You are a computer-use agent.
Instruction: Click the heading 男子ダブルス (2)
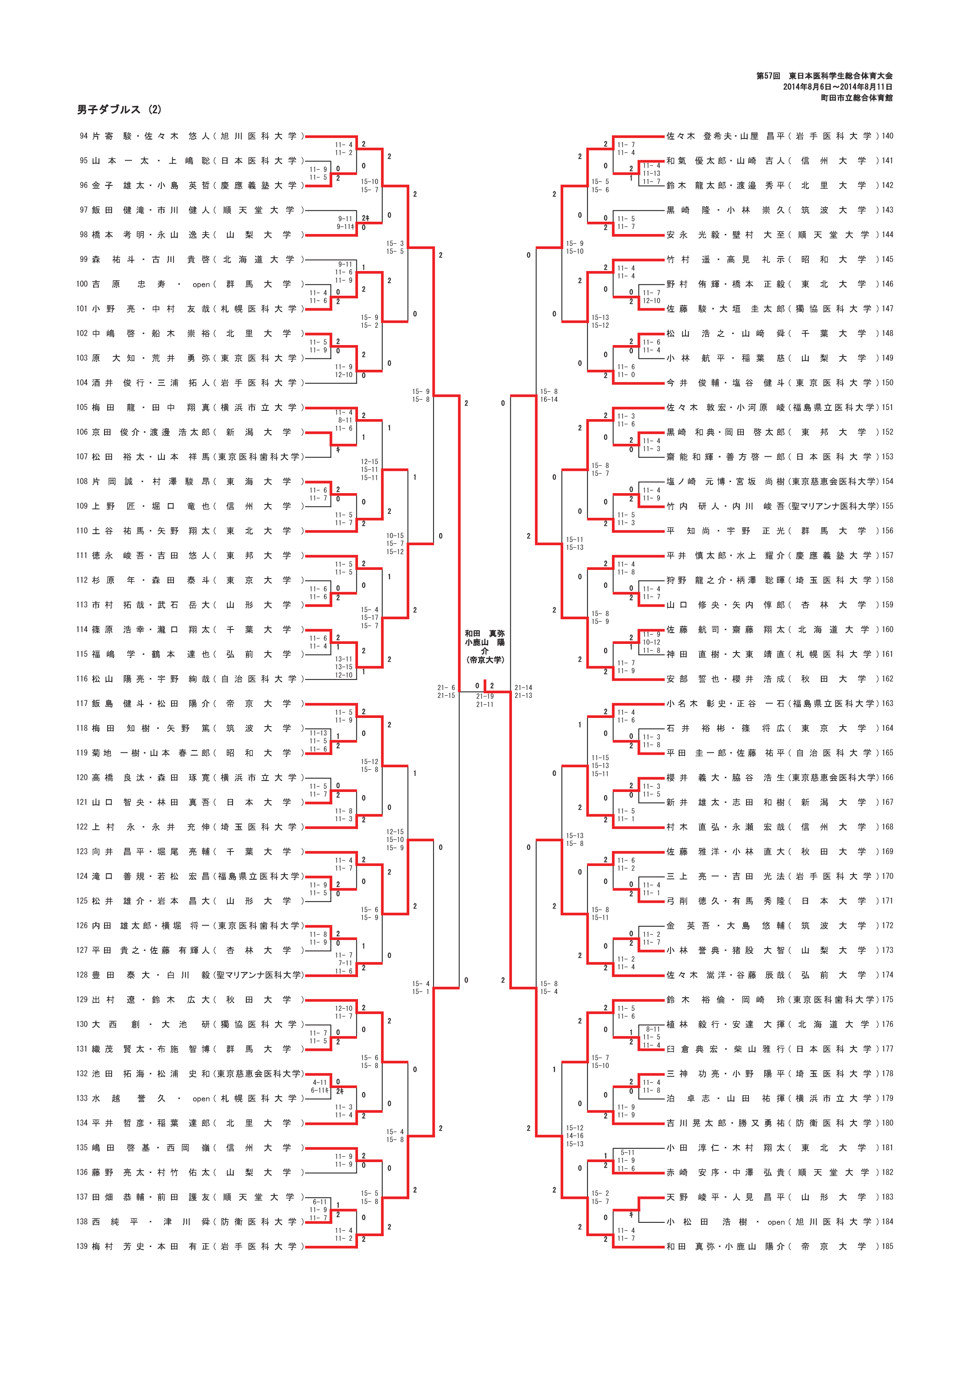coord(119,110)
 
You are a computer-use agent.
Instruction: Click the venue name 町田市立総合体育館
coord(856,98)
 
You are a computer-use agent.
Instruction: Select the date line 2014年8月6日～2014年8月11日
coord(837,87)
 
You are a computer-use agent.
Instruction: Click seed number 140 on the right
coord(887,136)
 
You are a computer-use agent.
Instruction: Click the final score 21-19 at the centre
coord(485,696)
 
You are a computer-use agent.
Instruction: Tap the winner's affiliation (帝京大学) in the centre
coord(485,660)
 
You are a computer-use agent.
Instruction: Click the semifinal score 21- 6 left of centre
coord(446,688)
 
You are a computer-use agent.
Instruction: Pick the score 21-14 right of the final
coord(523,688)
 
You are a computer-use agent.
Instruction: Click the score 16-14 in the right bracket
coord(549,399)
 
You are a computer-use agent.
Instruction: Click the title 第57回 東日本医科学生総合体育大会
coord(825,76)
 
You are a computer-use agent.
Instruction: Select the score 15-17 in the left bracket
coord(369,618)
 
